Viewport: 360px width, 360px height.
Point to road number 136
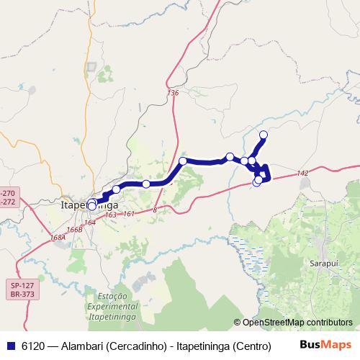(173, 93)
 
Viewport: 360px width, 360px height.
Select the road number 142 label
(302, 173)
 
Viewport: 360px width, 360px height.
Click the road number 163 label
(111, 215)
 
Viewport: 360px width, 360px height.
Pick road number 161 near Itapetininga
(129, 214)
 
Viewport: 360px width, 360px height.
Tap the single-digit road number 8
(155, 210)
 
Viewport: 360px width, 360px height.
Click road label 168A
(58, 237)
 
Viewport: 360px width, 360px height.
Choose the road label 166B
(74, 230)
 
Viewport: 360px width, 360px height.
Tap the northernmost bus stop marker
(264, 135)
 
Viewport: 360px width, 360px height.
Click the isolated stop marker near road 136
(184, 161)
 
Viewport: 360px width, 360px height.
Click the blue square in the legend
(10, 346)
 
